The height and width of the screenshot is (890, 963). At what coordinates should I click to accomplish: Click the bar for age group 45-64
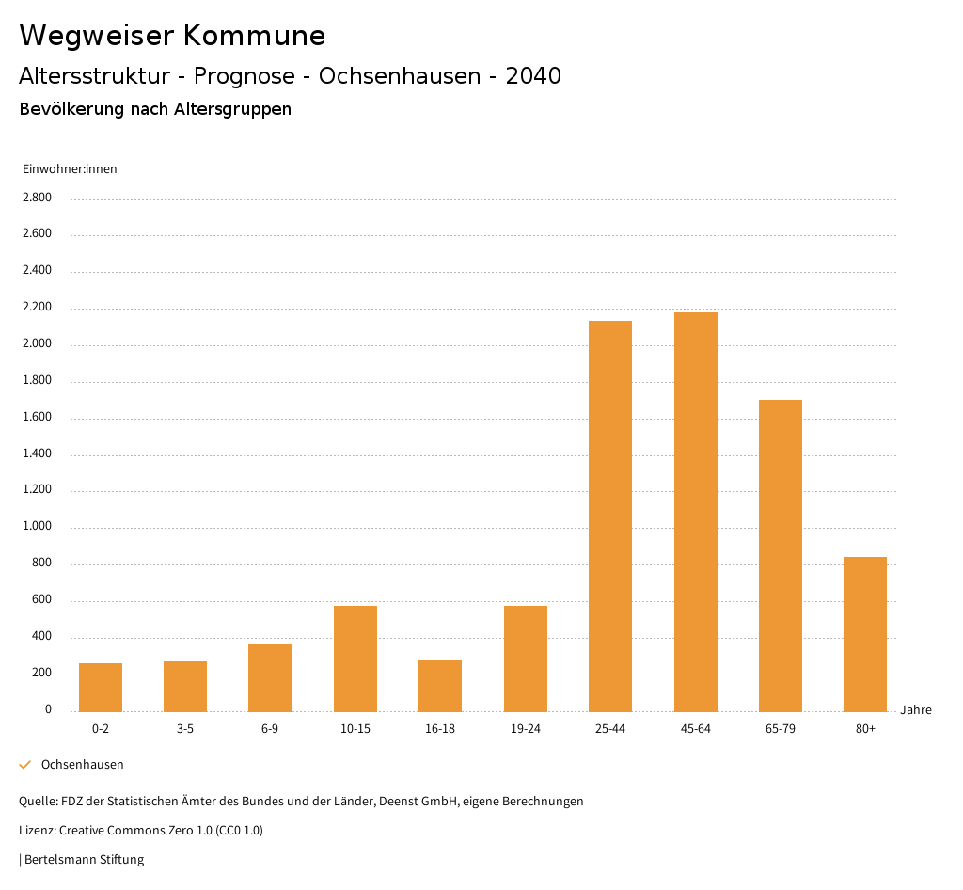[x=695, y=512]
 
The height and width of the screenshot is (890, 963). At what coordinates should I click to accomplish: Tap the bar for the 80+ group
[x=865, y=634]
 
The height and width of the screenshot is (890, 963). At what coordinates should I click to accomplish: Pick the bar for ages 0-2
[x=101, y=688]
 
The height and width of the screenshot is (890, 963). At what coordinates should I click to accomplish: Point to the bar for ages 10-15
[x=355, y=659]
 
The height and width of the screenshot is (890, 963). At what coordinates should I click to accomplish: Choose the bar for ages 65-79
[x=781, y=555]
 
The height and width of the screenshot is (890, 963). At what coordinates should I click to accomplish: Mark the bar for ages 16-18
[x=440, y=685]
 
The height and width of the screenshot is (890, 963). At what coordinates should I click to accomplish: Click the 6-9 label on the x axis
[x=270, y=729]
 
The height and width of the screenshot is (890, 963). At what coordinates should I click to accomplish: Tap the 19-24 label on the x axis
[x=525, y=729]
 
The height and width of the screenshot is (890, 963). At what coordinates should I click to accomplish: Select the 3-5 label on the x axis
[x=185, y=729]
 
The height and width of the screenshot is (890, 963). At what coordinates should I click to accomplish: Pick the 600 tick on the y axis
[x=41, y=600]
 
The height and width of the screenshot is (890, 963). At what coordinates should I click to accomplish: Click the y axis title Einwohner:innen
[x=70, y=169]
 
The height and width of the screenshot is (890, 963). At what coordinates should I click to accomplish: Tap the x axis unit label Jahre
[x=915, y=710]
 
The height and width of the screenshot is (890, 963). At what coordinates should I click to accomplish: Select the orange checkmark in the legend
[x=25, y=765]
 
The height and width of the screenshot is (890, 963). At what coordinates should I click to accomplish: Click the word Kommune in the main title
[x=254, y=36]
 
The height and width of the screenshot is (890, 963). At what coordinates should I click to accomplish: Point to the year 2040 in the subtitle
[x=533, y=76]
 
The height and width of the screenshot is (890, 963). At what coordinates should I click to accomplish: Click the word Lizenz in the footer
[x=37, y=830]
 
